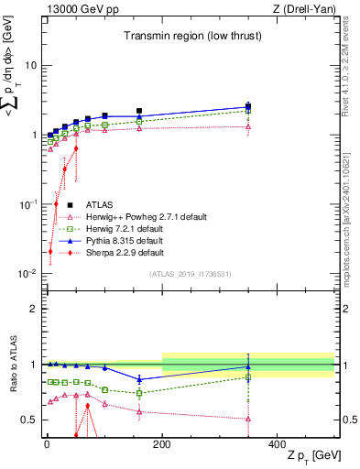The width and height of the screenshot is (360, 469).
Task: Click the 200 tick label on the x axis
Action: pos(162,443)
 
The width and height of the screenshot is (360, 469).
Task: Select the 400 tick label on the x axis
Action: pos(278,443)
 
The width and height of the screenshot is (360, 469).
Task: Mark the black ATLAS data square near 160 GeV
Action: pos(139,111)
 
